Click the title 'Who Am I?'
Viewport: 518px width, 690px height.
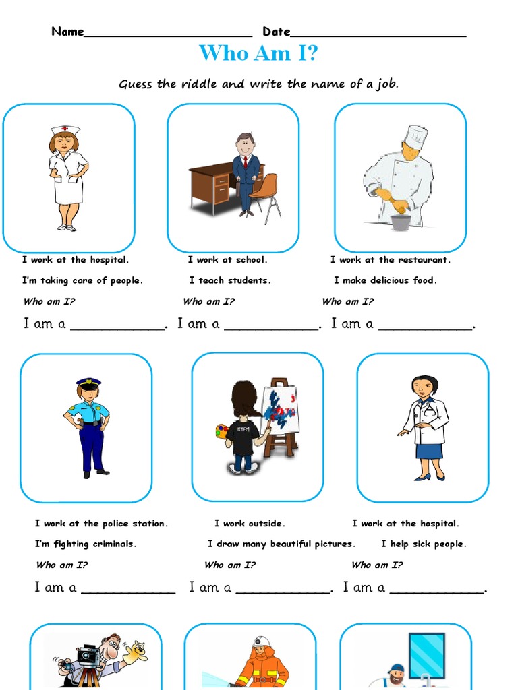tap(258, 53)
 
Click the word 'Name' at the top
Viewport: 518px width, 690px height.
tap(67, 32)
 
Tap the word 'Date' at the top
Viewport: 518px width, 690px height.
tap(277, 32)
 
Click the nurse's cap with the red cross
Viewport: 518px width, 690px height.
tap(65, 129)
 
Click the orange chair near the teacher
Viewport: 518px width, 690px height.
tap(266, 189)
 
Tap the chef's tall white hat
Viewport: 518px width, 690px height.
tap(415, 137)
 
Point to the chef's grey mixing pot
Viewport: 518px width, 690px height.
tap(401, 222)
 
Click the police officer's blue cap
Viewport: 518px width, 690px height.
tap(88, 382)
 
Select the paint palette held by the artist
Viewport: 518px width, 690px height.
tap(222, 431)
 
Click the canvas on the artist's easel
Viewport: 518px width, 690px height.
tap(280, 408)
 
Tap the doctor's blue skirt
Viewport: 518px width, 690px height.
tap(429, 450)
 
